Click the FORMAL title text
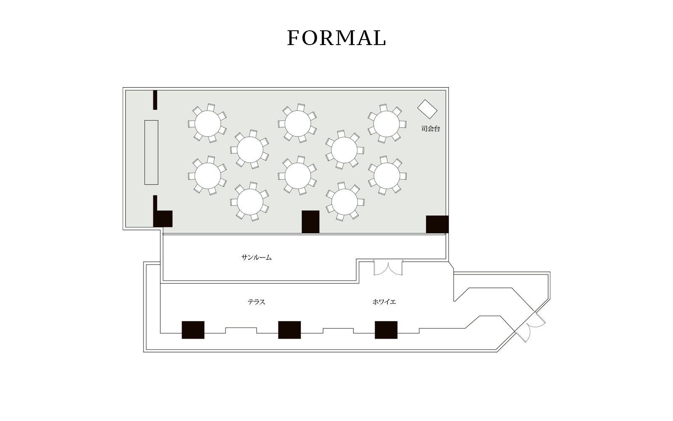[x=336, y=38]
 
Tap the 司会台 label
[x=431, y=129]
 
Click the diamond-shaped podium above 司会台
[x=427, y=109]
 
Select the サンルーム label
[x=256, y=257]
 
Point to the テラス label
[x=256, y=302]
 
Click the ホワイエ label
[x=384, y=302]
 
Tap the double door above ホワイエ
[x=388, y=268]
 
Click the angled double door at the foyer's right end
[x=530, y=327]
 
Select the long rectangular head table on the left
[x=151, y=152]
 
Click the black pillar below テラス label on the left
[x=193, y=330]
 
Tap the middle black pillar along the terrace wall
[x=289, y=330]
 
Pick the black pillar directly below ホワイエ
[x=386, y=330]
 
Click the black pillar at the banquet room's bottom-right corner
[x=437, y=224]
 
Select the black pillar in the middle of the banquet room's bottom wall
[x=310, y=221]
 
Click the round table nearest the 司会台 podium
[x=387, y=124]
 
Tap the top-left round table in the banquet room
[x=208, y=124]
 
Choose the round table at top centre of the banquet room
[x=298, y=124]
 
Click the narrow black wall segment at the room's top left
[x=155, y=100]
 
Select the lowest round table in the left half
[x=250, y=202]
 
